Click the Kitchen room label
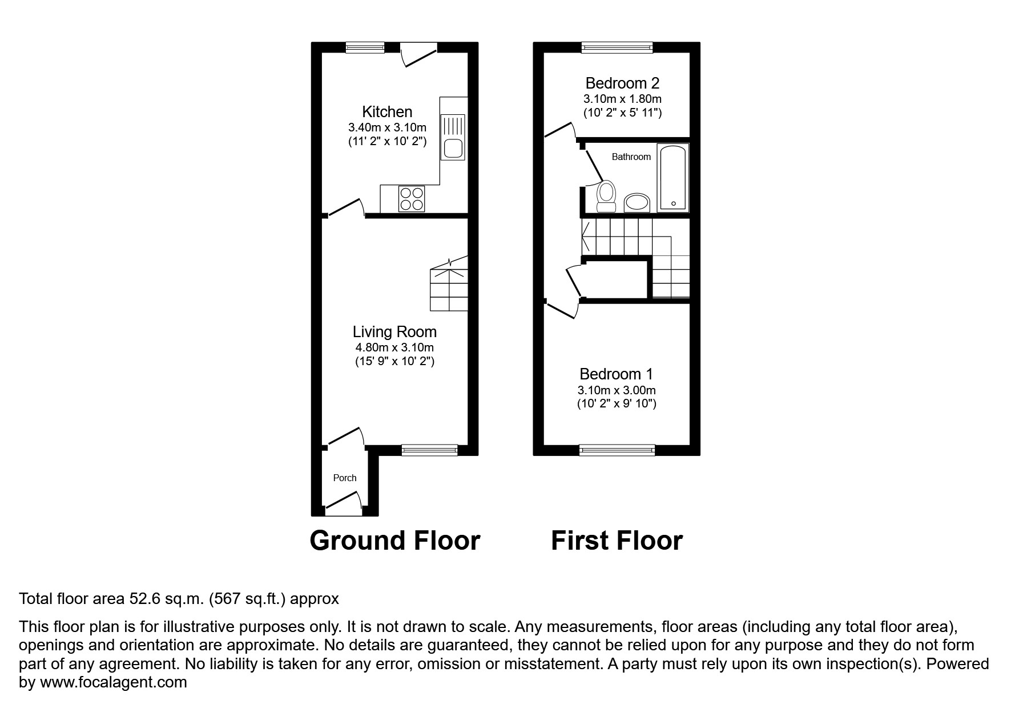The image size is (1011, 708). pos(387,111)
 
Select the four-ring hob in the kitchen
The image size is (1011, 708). pos(412,199)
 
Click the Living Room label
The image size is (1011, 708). pos(394,331)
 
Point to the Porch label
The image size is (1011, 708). pos(344,478)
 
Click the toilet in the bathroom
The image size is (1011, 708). pos(606,195)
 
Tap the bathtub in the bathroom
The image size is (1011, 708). pos(673,177)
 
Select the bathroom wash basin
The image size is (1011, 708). pos(637,202)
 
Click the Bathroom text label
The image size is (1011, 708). pos(631,157)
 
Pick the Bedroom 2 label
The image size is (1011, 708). pos(622,83)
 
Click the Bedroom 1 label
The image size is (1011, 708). pos(616,374)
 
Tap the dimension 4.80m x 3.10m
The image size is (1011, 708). pos(394,347)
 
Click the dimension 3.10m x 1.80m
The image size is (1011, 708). pos(622,99)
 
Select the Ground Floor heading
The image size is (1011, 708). pos(394,541)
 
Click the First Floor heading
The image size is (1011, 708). pos(617,541)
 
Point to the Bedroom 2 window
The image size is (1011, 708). pos(617,47)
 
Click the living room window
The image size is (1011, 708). pos(429,450)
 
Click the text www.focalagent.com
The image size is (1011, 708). pos(113,682)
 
